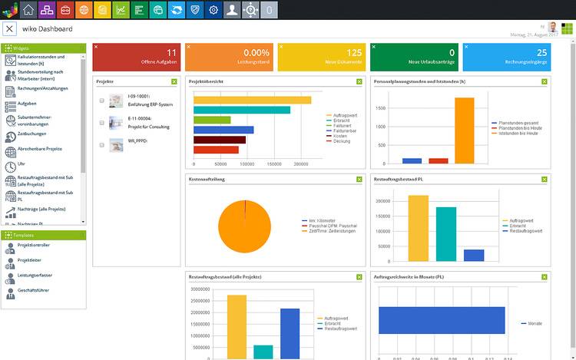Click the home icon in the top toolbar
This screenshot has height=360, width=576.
point(29,10)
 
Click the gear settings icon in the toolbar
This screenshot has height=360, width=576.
point(214,10)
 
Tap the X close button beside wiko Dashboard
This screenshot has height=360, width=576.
point(10,29)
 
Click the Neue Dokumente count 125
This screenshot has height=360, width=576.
point(353,53)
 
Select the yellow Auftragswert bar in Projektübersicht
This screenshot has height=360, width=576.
point(252,100)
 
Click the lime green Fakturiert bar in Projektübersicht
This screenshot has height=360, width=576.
point(212,120)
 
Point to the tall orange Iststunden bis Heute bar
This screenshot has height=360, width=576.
point(464,130)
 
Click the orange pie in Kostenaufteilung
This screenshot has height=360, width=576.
point(244,226)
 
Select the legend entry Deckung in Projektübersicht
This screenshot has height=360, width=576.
point(343,141)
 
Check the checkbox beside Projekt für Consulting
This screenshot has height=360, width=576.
point(101,122)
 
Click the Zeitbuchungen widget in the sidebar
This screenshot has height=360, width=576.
point(31,134)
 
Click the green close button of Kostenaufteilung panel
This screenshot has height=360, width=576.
point(359,179)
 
